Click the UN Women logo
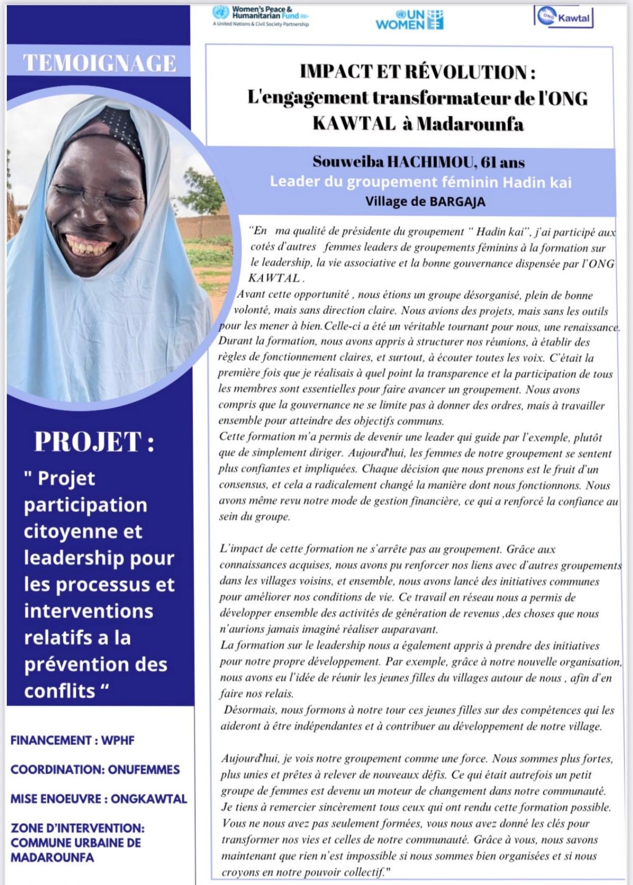coord(409,20)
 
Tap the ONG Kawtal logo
coord(563,18)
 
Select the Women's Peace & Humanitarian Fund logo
coord(261,16)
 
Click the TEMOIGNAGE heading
coord(99,63)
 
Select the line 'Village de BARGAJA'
coord(425,202)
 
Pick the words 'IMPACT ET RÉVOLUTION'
coord(413,72)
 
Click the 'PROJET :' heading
coord(94,442)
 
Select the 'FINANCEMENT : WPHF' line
coord(73,740)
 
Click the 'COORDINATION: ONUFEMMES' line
coord(95,769)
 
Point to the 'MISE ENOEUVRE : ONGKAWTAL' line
coord(99,799)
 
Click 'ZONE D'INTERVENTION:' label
coord(78,828)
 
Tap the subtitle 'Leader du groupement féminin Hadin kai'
coord(421,182)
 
